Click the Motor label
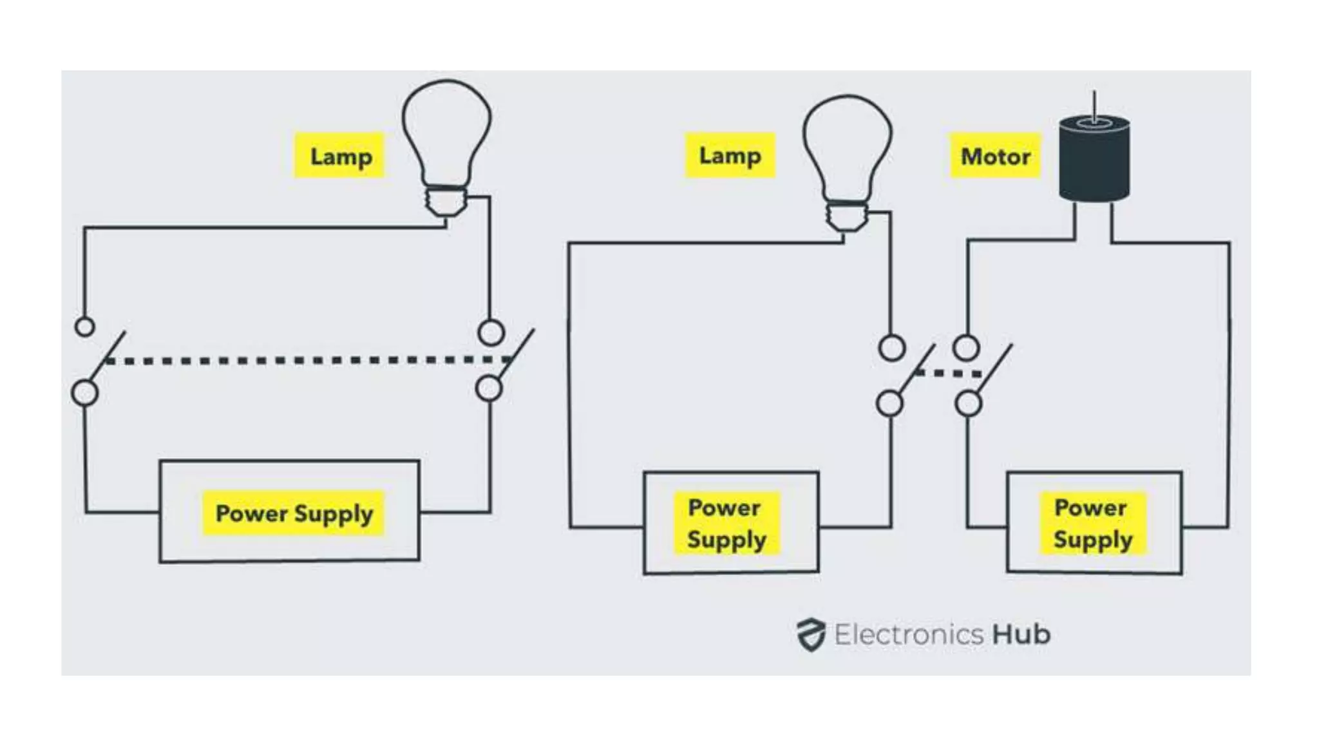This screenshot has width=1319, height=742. pos(995,156)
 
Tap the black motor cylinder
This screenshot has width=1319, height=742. pos(1094,161)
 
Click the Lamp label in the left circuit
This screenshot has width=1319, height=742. pos(340,156)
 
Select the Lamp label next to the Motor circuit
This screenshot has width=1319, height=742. pos(730,155)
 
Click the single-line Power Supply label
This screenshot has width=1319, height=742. pos(294,513)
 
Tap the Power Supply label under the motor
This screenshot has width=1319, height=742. pos(1092,523)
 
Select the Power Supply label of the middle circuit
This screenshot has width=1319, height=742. pos(726,523)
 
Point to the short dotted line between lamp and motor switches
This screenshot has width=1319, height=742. pos(948,373)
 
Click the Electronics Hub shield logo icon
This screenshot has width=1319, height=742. pos(810,634)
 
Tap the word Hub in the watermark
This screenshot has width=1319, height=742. pos(1021,634)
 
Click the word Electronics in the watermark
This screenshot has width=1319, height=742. pos(909,634)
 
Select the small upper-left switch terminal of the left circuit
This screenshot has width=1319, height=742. pos(84,327)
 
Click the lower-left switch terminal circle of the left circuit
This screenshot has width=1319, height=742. pos(84,392)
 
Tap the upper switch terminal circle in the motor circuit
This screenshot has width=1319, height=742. pos(966,348)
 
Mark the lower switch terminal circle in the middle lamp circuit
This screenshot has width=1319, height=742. pos(889,404)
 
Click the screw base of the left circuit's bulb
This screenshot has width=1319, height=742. pos(446,201)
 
